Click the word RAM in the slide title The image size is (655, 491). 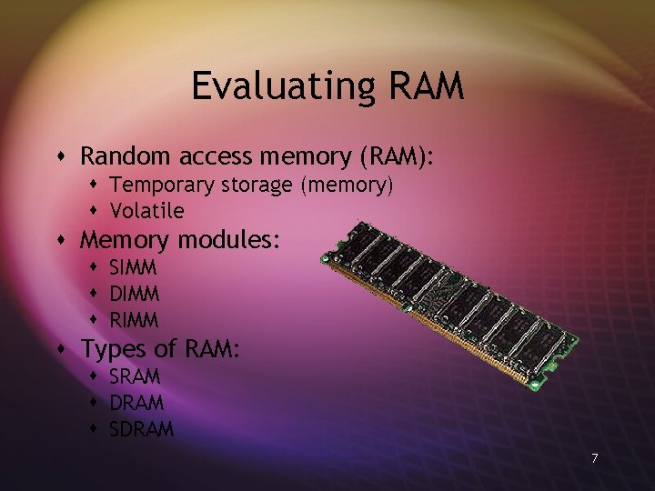pos(426,86)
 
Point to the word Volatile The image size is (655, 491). pos(146,211)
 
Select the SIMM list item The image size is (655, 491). pos(133,268)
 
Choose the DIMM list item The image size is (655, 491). pos(134,294)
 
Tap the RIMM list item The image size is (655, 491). pos(133,320)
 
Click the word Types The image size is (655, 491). pos(114,349)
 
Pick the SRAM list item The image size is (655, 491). pos(135,376)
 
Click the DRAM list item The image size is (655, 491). pos(136,402)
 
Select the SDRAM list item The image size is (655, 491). pos(141,429)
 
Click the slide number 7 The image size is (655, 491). pos(594,458)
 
